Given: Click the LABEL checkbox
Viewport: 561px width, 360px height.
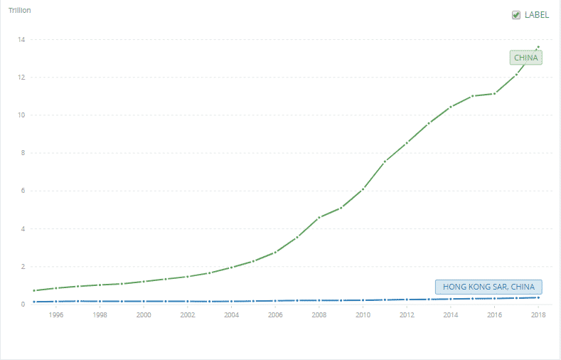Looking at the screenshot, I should (x=516, y=15).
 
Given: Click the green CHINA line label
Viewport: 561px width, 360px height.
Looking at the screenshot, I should (x=525, y=58).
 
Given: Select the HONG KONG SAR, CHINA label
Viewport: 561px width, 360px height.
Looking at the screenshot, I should (x=488, y=287).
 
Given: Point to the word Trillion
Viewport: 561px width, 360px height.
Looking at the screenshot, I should (x=19, y=11).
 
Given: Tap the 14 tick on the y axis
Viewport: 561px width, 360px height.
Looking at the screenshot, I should (x=23, y=39).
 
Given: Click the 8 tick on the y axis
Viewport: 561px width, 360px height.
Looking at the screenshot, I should (x=24, y=153).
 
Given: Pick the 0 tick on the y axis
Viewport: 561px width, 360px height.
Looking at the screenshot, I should (x=24, y=305).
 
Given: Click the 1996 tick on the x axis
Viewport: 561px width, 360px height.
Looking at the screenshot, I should (x=56, y=314).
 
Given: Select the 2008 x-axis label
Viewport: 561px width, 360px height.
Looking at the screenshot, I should (x=319, y=314).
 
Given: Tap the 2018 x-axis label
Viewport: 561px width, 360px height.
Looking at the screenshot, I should (x=538, y=314).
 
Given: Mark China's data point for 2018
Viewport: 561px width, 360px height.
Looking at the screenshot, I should (x=538, y=47).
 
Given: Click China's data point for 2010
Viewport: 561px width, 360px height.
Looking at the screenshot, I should (x=363, y=189).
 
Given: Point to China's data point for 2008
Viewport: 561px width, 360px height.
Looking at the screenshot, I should (x=319, y=218).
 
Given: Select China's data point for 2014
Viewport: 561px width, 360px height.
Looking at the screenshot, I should (x=451, y=107).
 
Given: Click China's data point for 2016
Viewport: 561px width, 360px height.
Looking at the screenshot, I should (x=494, y=93).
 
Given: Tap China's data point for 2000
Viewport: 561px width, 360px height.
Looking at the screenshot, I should (x=144, y=282).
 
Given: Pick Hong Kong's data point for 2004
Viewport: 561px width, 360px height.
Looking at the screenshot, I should (x=231, y=302).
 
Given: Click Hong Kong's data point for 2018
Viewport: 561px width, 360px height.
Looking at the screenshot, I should (x=538, y=297).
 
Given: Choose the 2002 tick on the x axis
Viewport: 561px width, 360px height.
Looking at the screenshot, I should (x=188, y=314).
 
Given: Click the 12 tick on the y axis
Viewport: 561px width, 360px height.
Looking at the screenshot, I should (x=23, y=77).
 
